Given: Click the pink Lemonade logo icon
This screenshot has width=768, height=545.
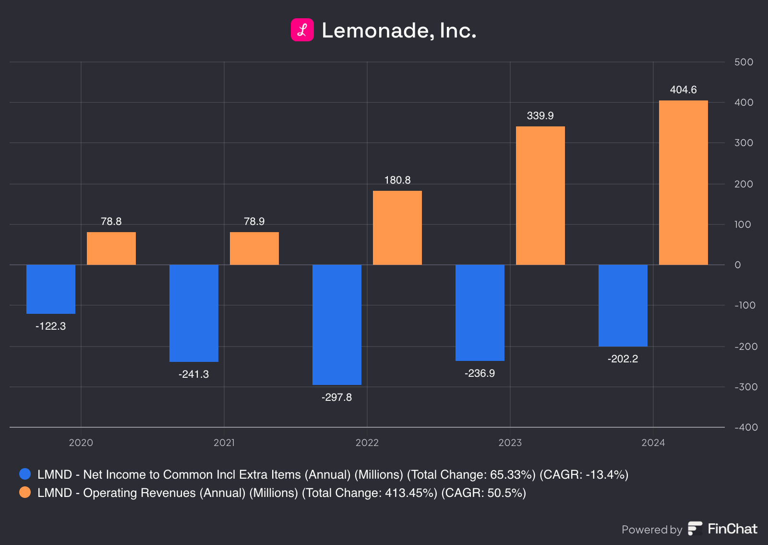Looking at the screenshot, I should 302,30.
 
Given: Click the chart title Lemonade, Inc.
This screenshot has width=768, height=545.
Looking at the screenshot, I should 398,30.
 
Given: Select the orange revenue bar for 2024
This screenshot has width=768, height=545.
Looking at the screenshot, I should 683,183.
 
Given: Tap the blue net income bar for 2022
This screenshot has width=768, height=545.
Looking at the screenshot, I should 336,324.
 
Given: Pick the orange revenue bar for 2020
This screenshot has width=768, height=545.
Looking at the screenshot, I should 111,248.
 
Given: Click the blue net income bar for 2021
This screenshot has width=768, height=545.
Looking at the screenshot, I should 193,313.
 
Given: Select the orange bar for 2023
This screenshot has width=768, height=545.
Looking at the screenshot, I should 540,196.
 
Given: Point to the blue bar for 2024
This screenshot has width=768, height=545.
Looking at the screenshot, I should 623,305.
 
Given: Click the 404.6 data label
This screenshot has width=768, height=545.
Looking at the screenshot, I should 683,90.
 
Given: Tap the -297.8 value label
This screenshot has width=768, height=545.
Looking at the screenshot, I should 336,397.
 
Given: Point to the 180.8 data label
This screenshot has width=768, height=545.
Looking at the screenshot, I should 397,180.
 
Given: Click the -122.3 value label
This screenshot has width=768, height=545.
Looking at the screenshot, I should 50,326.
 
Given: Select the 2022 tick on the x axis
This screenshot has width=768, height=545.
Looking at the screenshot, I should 367,443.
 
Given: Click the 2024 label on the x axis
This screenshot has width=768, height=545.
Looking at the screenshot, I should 653,443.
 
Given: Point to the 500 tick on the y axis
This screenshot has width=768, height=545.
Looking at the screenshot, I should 744,62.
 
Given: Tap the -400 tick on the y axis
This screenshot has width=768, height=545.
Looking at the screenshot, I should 746,427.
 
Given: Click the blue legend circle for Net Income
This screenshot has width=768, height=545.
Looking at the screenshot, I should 25,474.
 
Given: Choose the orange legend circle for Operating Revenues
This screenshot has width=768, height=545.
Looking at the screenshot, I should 25,492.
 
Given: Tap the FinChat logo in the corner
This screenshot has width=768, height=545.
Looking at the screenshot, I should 722,529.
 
